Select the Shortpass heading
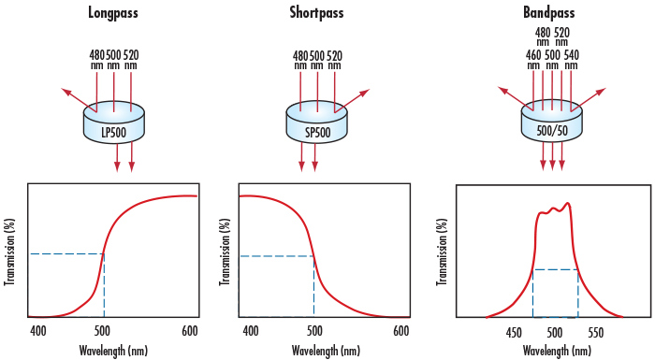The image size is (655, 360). [314, 14]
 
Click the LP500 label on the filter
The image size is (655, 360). [114, 132]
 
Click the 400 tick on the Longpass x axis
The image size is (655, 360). [37, 330]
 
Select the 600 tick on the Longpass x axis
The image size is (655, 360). [190, 330]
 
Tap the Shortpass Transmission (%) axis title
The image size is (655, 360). [226, 252]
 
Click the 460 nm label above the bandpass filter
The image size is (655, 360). [532, 59]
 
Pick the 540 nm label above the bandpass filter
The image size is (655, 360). [572, 59]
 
